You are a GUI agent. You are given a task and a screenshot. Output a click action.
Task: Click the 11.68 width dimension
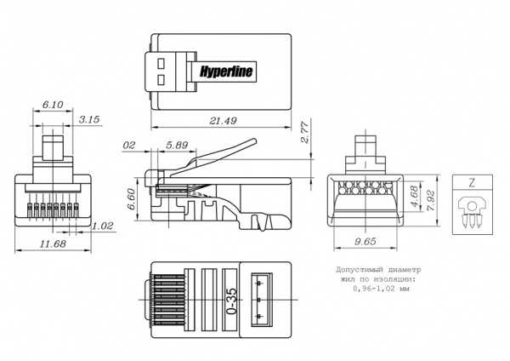tap(53, 244)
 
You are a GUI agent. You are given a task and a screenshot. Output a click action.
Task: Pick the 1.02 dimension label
tap(102, 226)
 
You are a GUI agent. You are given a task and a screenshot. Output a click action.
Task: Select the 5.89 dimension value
tap(178, 146)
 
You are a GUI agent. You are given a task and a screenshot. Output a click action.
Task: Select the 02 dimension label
tap(129, 146)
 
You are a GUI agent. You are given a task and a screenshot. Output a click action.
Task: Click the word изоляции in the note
tap(392, 280)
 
